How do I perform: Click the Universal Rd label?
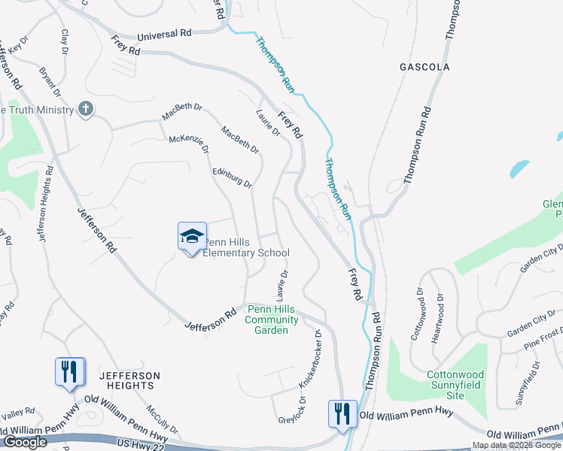[x=165, y=35]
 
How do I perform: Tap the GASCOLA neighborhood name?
[x=425, y=67]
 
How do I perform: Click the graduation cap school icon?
[x=192, y=236]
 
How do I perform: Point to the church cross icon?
[x=86, y=110]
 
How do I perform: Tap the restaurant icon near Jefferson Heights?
[x=69, y=371]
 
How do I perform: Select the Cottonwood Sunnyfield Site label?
[x=437, y=379]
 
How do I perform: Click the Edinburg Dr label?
[x=232, y=178]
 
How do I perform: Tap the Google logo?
[x=24, y=442]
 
